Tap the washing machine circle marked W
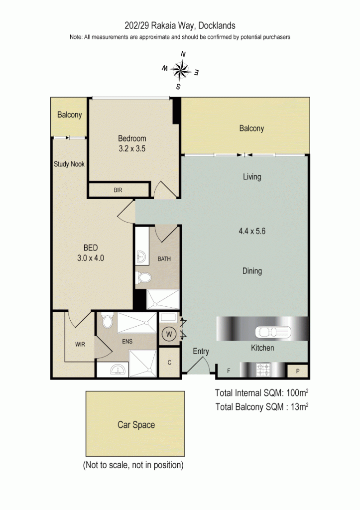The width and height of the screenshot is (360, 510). tap(168, 334)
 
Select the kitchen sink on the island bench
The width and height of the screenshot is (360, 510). tap(272, 331)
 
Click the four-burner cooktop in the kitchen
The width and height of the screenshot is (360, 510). tap(262, 370)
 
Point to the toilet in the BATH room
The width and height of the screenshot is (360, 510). tap(143, 278)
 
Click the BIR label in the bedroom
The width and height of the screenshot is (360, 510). tap(118, 190)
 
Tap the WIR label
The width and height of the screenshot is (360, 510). tap(80, 344)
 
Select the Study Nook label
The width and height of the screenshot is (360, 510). tap(69, 164)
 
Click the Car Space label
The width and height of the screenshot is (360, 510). tap(136, 425)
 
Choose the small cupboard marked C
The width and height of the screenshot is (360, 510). tap(169, 362)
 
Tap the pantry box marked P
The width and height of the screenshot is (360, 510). tap(298, 371)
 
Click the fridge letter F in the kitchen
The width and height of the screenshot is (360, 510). tap(229, 371)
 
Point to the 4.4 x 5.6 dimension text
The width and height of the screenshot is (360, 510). tap(251, 231)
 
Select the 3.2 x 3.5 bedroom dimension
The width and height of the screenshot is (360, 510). tap(131, 148)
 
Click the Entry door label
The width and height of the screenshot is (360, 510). tap(201, 351)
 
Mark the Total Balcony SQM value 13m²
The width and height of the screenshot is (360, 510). tap(298, 406)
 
